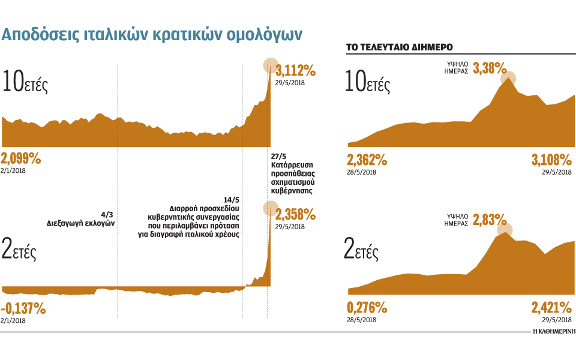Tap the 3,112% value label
pyautogui.click(x=295, y=71)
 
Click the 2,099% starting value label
pyautogui.click(x=21, y=159)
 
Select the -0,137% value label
pyautogui.click(x=23, y=309)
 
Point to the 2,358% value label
pyautogui.click(x=295, y=214)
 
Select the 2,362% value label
pyautogui.click(x=367, y=160)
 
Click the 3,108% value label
pyautogui.click(x=551, y=160)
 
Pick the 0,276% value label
pyautogui.click(x=367, y=308)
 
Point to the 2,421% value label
pyautogui.click(x=551, y=308)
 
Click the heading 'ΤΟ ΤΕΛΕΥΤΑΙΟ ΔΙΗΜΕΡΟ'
pyautogui.click(x=399, y=47)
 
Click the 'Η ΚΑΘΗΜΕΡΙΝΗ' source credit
pyautogui.click(x=554, y=331)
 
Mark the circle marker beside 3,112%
pyautogui.click(x=271, y=65)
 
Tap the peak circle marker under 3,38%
pyautogui.click(x=509, y=78)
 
